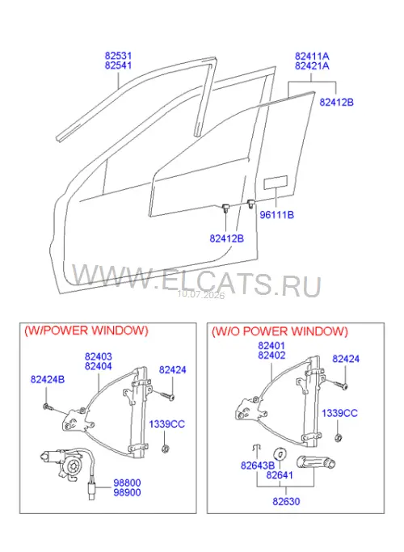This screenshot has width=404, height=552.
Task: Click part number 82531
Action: coord(118,56)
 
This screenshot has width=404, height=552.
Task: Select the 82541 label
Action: coord(118,65)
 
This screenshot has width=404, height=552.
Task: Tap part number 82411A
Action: coord(312,57)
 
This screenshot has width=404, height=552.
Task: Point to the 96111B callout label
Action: coord(276,214)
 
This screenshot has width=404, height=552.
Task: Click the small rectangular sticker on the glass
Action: coord(276,183)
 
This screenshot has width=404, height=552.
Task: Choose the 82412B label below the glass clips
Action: coord(226,238)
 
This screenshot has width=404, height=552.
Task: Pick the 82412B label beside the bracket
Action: coord(336,102)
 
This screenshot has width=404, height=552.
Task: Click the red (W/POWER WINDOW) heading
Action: coord(86,331)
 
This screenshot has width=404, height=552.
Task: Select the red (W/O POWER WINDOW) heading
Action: coord(280,331)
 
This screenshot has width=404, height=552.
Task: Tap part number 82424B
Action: coord(48,380)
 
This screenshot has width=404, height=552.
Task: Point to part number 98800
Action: coord(127,482)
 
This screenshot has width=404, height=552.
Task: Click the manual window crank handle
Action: coord(316,462)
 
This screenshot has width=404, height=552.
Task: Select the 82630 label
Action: coord(286,501)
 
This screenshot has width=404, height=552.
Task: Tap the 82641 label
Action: coord(280,475)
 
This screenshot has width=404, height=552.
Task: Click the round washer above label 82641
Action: coord(280,454)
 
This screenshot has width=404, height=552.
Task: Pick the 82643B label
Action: coord(258,466)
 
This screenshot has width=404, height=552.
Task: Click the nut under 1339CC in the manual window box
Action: coord(338,437)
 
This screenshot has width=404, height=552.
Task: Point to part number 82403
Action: coord(99,356)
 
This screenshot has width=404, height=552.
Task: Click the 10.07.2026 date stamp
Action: coord(201,295)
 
